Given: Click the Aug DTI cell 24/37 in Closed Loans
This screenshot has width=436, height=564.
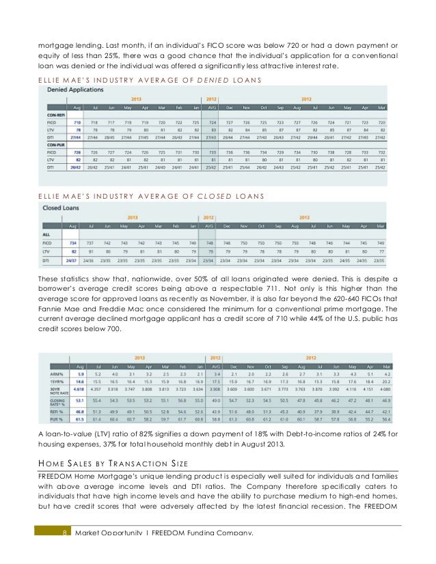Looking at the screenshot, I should point(72,259).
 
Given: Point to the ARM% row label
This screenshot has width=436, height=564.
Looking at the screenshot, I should point(51,374).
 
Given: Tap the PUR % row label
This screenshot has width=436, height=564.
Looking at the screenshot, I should point(51,419).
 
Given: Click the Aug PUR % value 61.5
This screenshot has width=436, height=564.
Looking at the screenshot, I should point(79,419).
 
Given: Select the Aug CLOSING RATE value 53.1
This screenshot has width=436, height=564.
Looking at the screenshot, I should point(79,401).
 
